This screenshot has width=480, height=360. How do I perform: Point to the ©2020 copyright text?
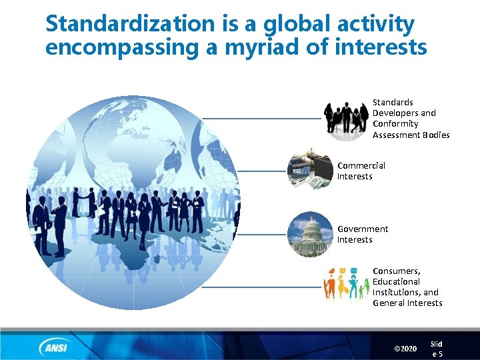[405, 349]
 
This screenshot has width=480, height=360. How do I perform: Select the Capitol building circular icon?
[311, 235]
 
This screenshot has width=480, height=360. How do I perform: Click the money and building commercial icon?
[310, 171]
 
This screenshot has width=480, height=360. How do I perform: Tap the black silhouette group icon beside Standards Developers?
[346, 118]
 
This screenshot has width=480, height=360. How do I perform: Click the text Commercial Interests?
[361, 171]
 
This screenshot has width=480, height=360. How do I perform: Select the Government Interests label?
[362, 234]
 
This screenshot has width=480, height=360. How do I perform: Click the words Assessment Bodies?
[411, 135]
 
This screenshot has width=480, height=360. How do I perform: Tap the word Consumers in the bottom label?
[396, 271]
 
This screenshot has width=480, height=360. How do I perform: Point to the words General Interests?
[407, 303]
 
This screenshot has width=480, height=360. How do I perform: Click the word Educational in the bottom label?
[396, 281]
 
